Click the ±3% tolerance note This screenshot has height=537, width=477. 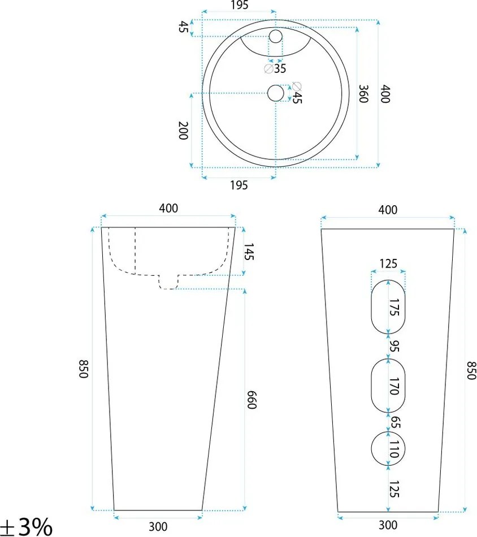[x=26, y=526]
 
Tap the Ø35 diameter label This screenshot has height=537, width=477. [x=275, y=68]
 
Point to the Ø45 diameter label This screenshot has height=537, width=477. [x=297, y=93]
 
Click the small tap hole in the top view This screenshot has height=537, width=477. [x=275, y=36]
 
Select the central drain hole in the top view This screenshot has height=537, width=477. [x=276, y=93]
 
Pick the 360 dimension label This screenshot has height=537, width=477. [x=363, y=93]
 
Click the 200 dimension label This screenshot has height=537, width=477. [x=183, y=130]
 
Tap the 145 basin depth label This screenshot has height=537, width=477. [x=249, y=252]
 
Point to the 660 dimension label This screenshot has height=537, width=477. [x=251, y=400]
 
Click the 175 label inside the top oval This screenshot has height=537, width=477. [x=394, y=307]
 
